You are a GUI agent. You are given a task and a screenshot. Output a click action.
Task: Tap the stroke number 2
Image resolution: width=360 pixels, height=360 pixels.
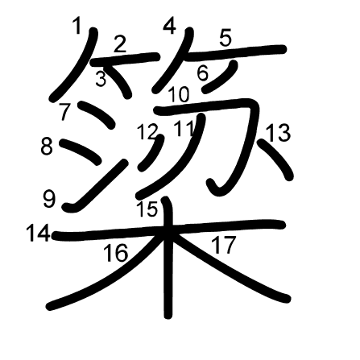click(121, 44)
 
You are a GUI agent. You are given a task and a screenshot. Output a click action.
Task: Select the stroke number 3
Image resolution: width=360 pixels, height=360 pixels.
click(101, 78)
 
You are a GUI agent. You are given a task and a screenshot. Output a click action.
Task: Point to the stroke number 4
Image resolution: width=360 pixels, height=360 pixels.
click(169, 27)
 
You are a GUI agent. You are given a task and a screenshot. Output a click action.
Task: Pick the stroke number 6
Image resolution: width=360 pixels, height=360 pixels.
click(202, 72)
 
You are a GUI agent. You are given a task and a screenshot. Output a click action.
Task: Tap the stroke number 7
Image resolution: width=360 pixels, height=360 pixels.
click(64, 110)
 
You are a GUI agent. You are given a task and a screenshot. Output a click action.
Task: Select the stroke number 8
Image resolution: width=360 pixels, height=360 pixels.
click(47, 147)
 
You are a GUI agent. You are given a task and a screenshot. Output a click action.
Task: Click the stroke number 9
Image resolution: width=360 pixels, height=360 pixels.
click(50, 197)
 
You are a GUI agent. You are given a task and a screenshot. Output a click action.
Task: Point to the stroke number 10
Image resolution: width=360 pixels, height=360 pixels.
click(179, 94)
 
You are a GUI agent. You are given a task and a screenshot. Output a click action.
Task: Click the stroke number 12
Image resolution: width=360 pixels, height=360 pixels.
click(147, 130)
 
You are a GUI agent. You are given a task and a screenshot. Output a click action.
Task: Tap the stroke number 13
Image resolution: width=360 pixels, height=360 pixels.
click(278, 133)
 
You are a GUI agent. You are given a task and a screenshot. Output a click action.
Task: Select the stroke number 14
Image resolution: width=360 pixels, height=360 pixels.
click(37, 234)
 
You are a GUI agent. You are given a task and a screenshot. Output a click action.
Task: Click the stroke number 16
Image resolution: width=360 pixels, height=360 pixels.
click(115, 253)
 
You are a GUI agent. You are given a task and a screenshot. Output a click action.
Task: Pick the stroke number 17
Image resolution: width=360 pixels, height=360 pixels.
click(223, 244)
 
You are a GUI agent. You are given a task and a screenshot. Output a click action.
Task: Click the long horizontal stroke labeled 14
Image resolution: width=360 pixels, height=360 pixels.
click(201, 227)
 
